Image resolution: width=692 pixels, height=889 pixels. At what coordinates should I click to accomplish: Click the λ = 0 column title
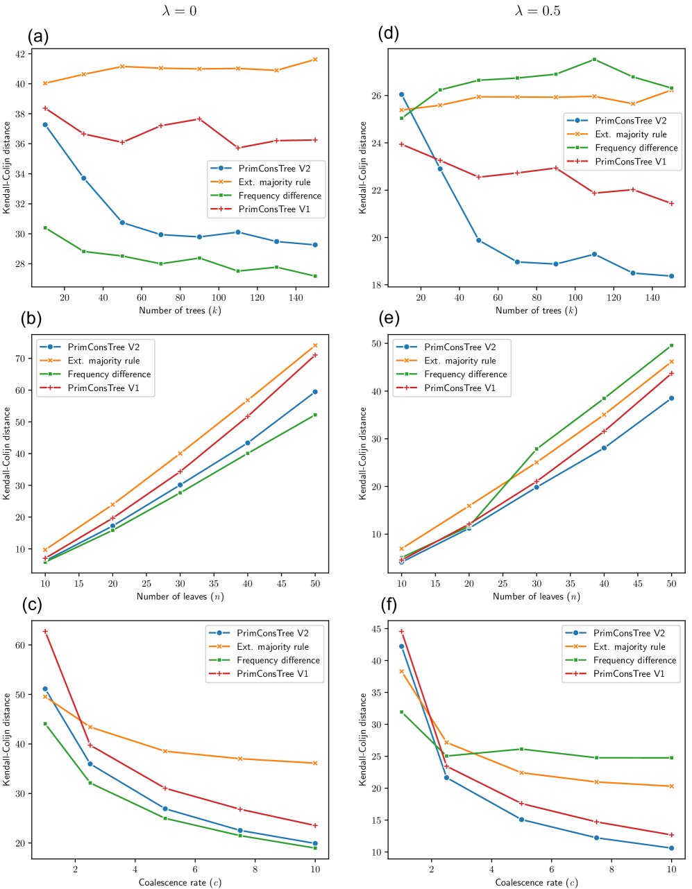coord(180,10)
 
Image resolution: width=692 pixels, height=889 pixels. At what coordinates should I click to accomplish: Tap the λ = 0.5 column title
coord(537,10)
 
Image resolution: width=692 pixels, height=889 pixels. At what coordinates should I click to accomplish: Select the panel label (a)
coord(39,36)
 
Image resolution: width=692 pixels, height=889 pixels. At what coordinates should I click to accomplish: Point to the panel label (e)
coord(389,320)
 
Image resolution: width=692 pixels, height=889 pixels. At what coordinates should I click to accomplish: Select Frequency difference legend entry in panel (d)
coord(636,148)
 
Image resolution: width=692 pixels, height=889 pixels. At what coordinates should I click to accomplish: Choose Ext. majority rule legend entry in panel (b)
coord(103,361)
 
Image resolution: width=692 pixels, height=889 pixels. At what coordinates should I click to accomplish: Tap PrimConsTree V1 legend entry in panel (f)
coord(629,674)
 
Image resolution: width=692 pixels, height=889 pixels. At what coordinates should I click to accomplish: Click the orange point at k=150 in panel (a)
coord(315,60)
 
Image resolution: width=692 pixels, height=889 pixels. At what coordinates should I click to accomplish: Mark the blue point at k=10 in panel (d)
coord(401,94)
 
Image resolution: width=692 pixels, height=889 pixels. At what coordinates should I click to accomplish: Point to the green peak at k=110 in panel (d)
coord(594,60)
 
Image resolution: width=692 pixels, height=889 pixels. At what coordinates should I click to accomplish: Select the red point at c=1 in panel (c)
coord(45,632)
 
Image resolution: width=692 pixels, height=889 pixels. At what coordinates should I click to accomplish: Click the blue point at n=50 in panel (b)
coord(315,392)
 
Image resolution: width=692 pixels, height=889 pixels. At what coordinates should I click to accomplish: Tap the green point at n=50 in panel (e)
coord(671,345)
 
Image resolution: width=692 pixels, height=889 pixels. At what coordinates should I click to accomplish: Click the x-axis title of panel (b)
coord(180,596)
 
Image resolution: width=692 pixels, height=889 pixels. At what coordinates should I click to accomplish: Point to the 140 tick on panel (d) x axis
coord(652,297)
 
